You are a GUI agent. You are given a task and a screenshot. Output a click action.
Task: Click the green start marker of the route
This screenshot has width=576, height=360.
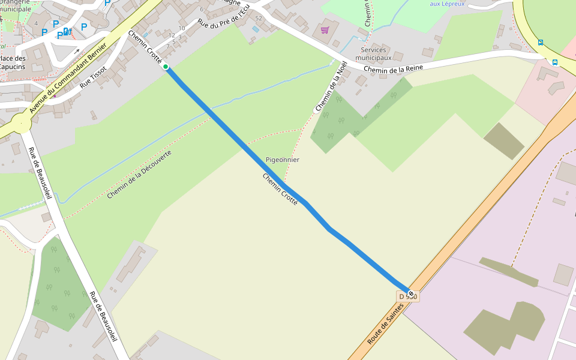click(x=166, y=67)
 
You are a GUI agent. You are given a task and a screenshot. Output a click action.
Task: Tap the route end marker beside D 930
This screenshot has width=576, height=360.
click(x=411, y=293)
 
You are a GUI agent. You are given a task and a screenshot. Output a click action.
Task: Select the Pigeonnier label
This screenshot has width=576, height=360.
click(x=282, y=160)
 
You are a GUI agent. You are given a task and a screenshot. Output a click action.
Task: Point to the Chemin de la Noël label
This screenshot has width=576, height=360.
click(x=331, y=86)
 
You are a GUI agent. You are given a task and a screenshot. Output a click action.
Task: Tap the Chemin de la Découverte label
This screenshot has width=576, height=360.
click(x=139, y=175)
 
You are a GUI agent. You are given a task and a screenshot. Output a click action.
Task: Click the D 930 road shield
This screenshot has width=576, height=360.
click(x=407, y=296)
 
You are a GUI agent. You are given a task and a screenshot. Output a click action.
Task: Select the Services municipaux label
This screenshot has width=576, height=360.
click(x=373, y=54)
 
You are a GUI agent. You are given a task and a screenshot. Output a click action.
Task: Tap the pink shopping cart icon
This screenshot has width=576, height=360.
click(x=325, y=29)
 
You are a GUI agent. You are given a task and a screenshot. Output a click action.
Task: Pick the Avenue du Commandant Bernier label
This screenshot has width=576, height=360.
click(x=68, y=78)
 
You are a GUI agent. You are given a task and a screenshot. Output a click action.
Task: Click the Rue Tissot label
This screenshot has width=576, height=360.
click(x=93, y=77)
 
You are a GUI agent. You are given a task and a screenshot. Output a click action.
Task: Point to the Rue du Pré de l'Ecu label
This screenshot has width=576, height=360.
click(x=223, y=17)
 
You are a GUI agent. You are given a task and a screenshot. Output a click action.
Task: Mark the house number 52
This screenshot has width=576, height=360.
click(x=259, y=19)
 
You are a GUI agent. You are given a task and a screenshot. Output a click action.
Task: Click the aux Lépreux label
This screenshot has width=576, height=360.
click(x=447, y=4)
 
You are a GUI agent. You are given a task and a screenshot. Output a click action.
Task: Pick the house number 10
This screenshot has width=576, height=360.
click(x=181, y=28)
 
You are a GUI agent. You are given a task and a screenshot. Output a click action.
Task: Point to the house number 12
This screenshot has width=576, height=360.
click(x=172, y=35)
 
